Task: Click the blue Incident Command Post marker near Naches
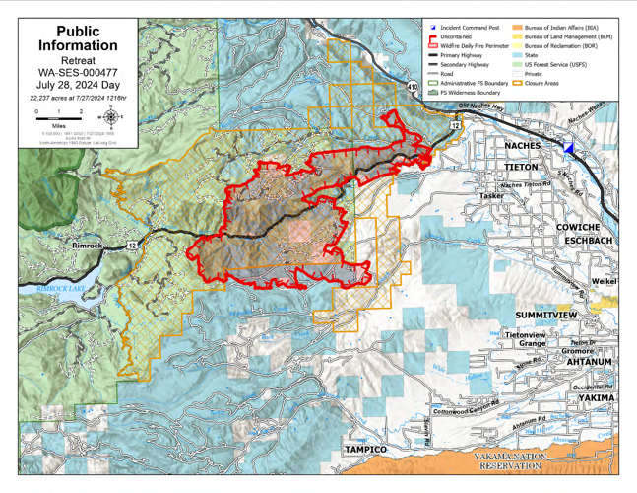568,148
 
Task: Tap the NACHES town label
522,145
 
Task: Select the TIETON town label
521,167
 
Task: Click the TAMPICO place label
364,449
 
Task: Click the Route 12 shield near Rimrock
132,243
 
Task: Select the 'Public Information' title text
78,38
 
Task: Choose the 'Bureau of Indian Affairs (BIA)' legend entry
562,28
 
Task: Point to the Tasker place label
491,195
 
